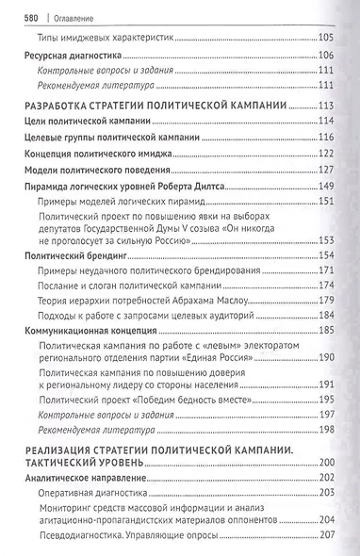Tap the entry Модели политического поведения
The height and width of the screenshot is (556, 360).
94,170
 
